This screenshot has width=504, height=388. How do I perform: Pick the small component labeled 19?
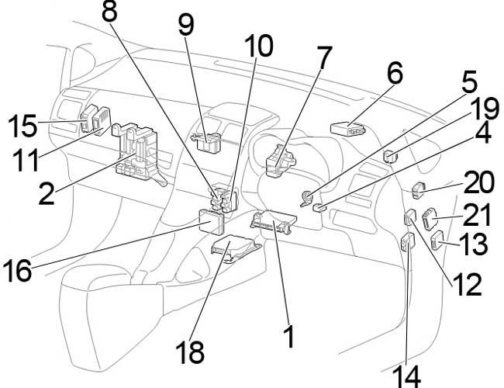click(x=392, y=155)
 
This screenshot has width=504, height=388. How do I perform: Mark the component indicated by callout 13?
click(x=437, y=241)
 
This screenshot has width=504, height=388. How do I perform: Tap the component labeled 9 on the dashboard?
click(x=205, y=137)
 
